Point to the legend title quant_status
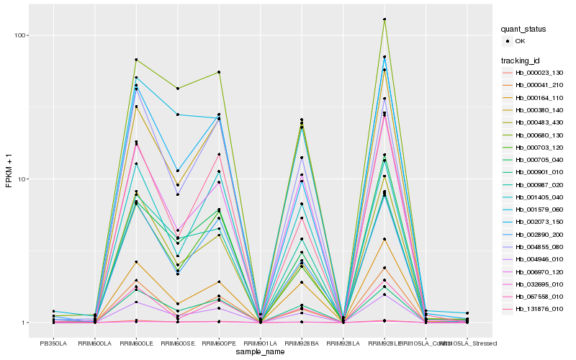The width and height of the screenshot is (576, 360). click(x=523, y=29)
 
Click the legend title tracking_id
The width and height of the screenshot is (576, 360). click(x=521, y=60)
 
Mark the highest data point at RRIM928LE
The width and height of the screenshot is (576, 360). click(x=384, y=19)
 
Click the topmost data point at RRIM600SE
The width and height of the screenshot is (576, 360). click(x=178, y=88)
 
